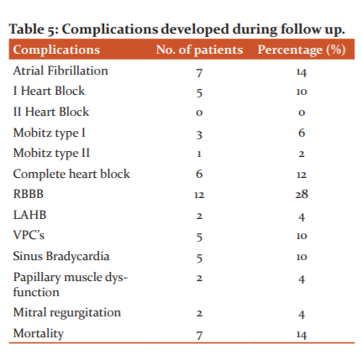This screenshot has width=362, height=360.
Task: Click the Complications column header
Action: click(x=56, y=50)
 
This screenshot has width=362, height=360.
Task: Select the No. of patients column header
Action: click(x=199, y=50)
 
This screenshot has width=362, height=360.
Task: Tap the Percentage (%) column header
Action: click(x=302, y=50)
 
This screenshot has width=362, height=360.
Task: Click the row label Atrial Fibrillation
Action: click(x=60, y=70)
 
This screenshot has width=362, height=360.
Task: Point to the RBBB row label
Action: click(x=29, y=194)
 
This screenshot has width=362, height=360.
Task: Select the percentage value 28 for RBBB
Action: click(x=302, y=194)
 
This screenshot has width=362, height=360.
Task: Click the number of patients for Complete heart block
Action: click(x=199, y=174)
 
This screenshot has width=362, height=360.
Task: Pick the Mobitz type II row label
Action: click(x=51, y=154)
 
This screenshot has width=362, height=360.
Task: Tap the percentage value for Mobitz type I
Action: click(x=302, y=133)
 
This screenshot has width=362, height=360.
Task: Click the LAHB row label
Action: click(x=29, y=215)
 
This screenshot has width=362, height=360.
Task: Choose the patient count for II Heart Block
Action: click(x=199, y=112)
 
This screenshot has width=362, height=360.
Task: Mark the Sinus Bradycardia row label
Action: click(x=61, y=256)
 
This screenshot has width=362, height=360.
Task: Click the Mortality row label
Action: click(x=39, y=333)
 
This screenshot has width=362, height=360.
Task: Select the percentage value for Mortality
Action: click(x=302, y=335)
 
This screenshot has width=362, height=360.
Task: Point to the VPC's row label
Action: click(x=29, y=235)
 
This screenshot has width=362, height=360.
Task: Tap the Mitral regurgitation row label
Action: click(x=67, y=312)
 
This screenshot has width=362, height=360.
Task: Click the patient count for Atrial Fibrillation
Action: click(x=199, y=73)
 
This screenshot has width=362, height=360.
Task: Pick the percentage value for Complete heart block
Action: click(x=302, y=175)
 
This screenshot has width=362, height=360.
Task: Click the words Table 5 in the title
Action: click(x=34, y=29)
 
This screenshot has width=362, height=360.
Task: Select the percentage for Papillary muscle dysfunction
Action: click(x=302, y=279)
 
